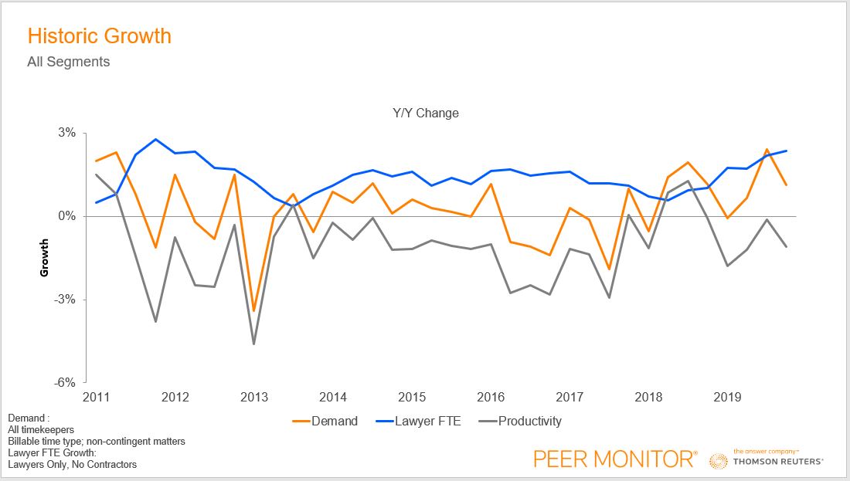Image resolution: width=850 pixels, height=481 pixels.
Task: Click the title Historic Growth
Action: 99,36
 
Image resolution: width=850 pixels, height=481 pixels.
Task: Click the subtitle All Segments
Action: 68,62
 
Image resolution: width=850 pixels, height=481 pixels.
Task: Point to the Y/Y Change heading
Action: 425,113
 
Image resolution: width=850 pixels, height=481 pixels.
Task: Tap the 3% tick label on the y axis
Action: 67,133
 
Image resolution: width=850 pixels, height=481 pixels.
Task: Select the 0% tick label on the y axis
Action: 67,216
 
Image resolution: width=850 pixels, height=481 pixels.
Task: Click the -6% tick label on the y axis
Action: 66,383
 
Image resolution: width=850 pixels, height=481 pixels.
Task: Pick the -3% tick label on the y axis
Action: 66,300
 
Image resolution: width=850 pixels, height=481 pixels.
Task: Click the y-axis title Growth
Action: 45,258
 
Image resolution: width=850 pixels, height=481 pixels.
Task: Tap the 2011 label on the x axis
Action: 97,398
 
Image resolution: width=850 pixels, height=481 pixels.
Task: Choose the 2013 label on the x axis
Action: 254,398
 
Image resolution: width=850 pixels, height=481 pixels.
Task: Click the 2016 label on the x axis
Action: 491,398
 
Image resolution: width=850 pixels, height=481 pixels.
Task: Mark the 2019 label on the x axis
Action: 727,398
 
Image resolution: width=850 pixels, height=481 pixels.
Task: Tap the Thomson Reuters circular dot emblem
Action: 719,461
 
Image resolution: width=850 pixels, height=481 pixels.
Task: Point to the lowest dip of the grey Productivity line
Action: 254,344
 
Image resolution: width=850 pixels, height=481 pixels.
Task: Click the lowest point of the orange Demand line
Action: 254,311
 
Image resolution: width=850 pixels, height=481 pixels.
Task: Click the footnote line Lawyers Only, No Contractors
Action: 72,465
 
